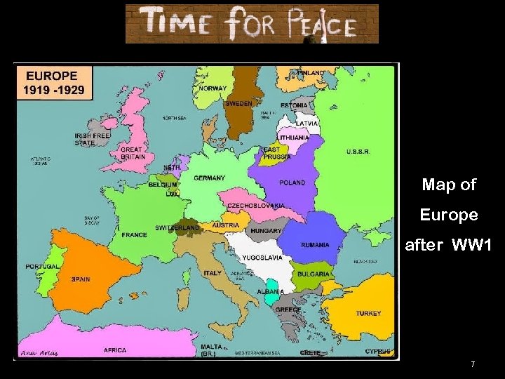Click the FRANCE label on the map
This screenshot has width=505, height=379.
pyautogui.click(x=135, y=235)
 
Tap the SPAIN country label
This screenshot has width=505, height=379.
pyautogui.click(x=81, y=279)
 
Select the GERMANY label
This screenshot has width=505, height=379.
pyautogui.click(x=210, y=178)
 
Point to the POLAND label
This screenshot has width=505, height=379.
pyautogui.click(x=292, y=182)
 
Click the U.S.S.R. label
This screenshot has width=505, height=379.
pyautogui.click(x=358, y=152)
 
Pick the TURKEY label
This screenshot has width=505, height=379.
pyautogui.click(x=368, y=313)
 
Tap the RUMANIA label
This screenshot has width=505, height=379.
pyautogui.click(x=315, y=245)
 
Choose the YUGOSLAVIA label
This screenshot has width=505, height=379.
pyautogui.click(x=263, y=258)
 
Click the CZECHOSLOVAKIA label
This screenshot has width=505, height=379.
pyautogui.click(x=256, y=205)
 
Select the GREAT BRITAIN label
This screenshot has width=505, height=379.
pyautogui.click(x=132, y=153)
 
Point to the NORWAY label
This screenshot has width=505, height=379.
pyautogui.click(x=213, y=88)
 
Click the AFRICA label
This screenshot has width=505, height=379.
pyautogui.click(x=115, y=350)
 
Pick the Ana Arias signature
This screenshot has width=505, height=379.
pyautogui.click(x=40, y=352)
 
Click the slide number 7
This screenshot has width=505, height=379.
pyautogui.click(x=473, y=364)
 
